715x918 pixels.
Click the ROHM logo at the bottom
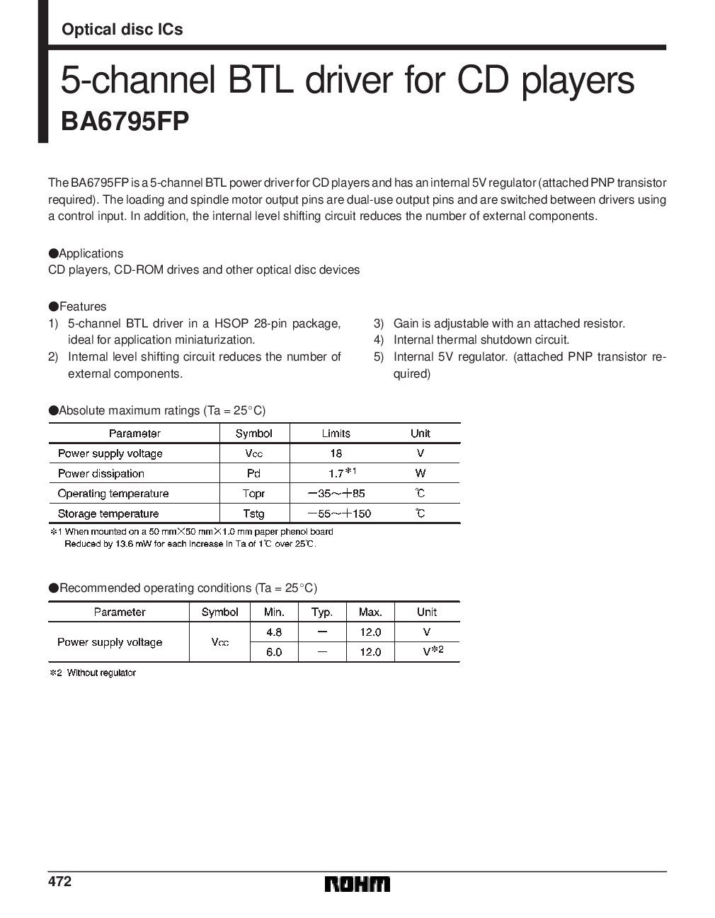(357, 884)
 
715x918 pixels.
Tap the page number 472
(60, 882)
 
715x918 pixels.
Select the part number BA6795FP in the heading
(125, 121)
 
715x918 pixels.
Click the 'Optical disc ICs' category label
(122, 30)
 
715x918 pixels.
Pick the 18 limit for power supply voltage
(336, 453)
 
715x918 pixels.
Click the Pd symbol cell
(253, 473)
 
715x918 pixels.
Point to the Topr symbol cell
(253, 493)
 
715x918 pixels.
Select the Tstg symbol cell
(253, 513)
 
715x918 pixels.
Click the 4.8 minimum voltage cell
(274, 632)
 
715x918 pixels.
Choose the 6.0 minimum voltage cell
(274, 652)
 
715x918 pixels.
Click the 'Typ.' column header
(322, 612)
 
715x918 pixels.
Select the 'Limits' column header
(336, 433)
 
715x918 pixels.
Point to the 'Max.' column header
(370, 612)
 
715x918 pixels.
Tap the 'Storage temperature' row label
(108, 513)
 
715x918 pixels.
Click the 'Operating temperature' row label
(113, 493)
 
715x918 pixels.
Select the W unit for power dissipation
(421, 473)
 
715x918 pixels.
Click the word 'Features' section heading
(83, 306)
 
